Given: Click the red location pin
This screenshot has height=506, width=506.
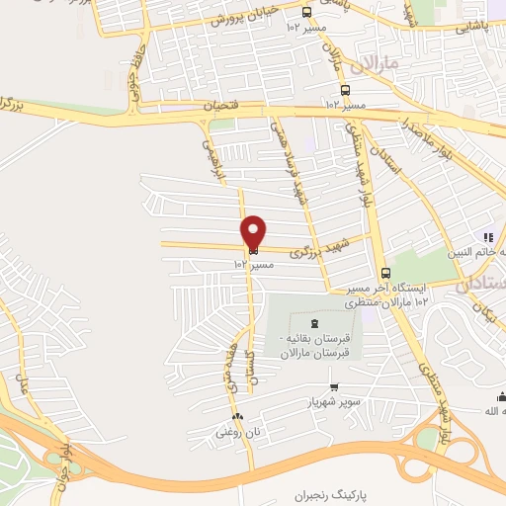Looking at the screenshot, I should coord(254,232).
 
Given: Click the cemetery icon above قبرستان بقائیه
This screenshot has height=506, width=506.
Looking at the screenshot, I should coord(314,324).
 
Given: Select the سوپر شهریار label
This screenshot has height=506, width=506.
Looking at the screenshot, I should coord(334,402).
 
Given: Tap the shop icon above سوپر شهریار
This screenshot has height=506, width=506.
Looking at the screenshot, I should coord(334,386).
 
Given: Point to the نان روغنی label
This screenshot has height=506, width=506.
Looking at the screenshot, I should coord(236,432).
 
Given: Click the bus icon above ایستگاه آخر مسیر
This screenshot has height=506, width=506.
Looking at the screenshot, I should coord(385,273).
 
